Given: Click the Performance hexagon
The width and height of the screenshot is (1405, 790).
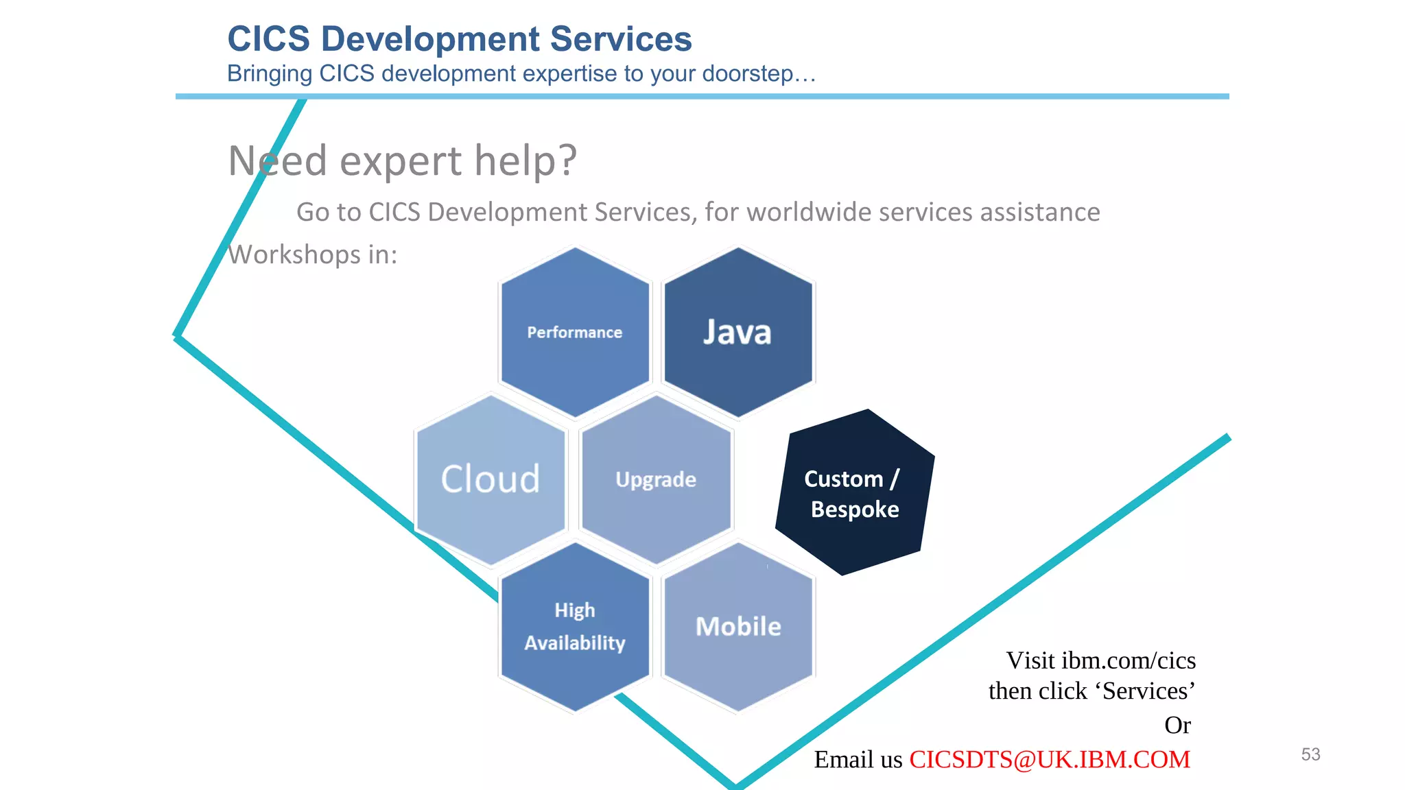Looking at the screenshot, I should click(575, 333).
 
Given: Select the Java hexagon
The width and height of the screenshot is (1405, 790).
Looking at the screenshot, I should click(737, 333).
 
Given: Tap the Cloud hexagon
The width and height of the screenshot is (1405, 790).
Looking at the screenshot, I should click(491, 479).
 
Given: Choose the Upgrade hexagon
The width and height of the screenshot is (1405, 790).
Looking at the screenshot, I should click(656, 479).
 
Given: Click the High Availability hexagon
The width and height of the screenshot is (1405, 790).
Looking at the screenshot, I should click(575, 627).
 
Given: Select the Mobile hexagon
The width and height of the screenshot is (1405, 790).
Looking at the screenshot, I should click(738, 627).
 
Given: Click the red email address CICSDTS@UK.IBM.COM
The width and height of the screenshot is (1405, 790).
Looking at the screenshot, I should click(1050, 760).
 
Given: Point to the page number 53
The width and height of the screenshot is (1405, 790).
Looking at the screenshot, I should click(1310, 754).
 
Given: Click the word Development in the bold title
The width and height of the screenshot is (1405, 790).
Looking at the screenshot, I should click(430, 39).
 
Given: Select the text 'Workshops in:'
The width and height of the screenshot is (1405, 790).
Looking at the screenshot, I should click(313, 255).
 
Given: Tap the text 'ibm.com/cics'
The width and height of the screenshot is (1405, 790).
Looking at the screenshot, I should click(1129, 660).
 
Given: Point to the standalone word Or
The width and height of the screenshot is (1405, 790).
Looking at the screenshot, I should click(1177, 726).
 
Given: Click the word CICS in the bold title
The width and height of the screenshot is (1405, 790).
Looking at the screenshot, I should click(269, 39).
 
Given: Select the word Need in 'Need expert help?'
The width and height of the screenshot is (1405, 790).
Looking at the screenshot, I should click(277, 160).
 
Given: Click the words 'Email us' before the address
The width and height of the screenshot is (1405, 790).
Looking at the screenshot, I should click(858, 760).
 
